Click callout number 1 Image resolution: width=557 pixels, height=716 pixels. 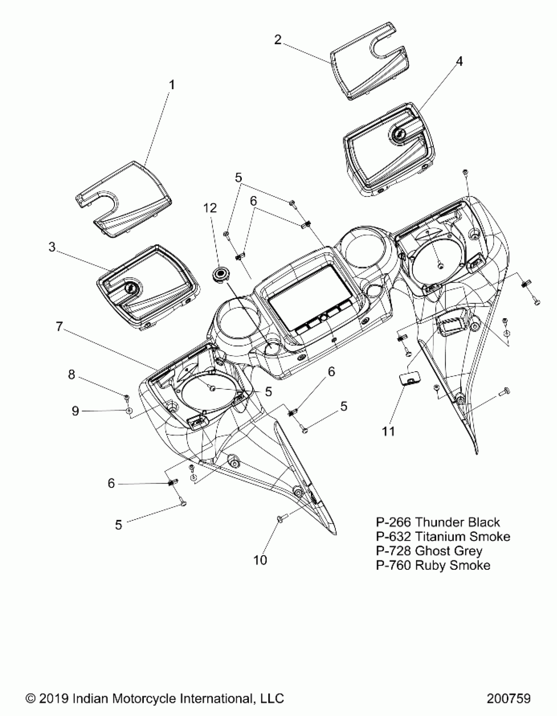point(171,85)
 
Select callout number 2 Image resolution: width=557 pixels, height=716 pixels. point(278,40)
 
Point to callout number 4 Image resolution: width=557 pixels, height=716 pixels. point(459,61)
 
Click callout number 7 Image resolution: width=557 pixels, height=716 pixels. point(59,326)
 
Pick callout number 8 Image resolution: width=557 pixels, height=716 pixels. point(71,375)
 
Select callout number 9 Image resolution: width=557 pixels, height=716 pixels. point(75,411)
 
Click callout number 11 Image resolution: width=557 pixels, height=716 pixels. point(389,432)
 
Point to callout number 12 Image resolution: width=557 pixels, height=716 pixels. point(210,208)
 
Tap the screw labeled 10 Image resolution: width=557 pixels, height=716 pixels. point(281,518)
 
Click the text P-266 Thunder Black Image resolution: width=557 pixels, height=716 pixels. point(438,522)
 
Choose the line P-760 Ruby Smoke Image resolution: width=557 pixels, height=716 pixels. point(433,565)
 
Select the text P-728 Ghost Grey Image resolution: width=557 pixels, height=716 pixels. point(429,551)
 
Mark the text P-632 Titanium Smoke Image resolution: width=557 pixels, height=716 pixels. point(443,537)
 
